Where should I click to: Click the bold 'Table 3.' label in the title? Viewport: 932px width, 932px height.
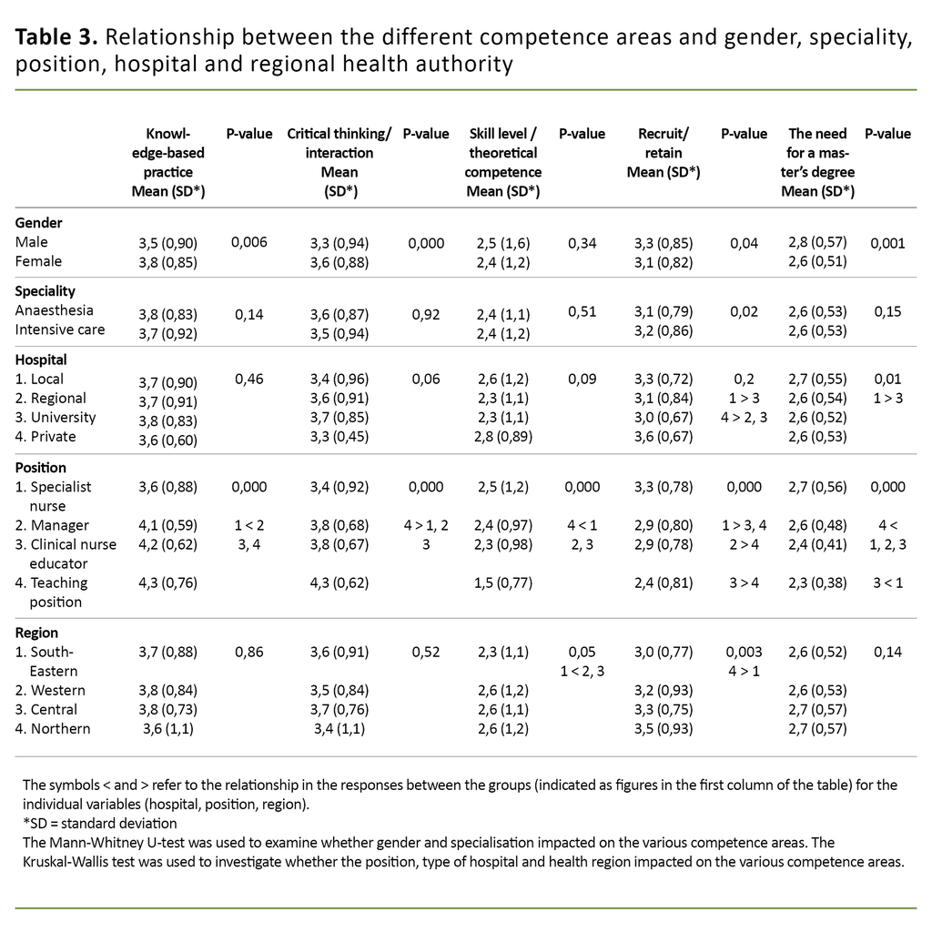tap(56, 37)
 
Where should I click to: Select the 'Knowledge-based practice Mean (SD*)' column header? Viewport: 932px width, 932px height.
tap(168, 162)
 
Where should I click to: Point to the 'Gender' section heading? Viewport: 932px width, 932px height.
tap(38, 222)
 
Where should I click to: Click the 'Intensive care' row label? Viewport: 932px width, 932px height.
tap(60, 329)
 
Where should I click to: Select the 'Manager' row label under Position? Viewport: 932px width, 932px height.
tap(52, 524)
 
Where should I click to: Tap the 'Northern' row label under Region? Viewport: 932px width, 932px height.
tap(53, 728)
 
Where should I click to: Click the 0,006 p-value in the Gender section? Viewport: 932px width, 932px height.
tap(249, 242)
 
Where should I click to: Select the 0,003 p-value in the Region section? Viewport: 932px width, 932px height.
tap(744, 652)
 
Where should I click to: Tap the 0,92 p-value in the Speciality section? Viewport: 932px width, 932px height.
tap(425, 314)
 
